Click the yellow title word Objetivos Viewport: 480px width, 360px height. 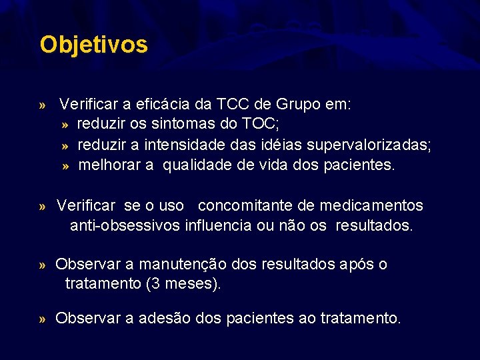click(93, 45)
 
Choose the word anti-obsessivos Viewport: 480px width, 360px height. click(125, 226)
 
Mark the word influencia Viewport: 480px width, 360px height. click(217, 226)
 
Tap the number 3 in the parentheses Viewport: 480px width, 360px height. click(155, 285)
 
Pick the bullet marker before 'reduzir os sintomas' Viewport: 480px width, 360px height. click(65, 125)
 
